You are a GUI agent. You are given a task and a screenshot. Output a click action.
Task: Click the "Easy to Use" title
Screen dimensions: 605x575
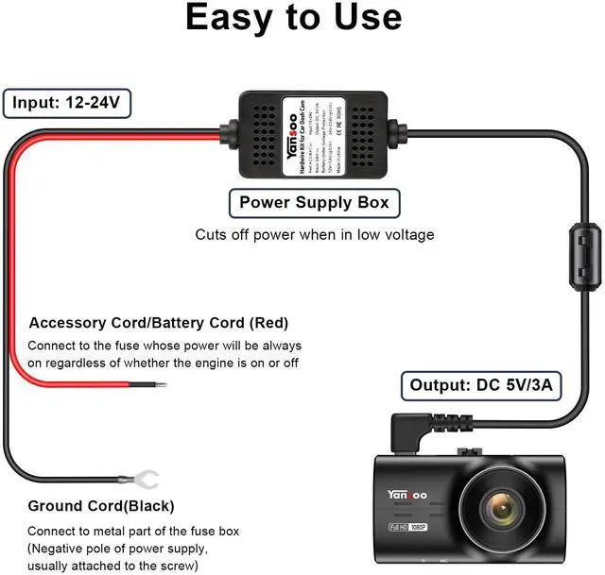(x=293, y=19)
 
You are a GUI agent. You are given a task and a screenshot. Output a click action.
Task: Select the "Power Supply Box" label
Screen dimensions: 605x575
(x=313, y=202)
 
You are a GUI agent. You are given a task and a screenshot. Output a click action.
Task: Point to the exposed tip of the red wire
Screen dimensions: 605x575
(x=159, y=385)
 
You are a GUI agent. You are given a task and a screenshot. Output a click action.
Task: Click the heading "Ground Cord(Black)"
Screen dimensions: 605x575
(x=101, y=506)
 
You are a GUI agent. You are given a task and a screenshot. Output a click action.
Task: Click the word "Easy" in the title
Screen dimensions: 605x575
(x=227, y=19)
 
